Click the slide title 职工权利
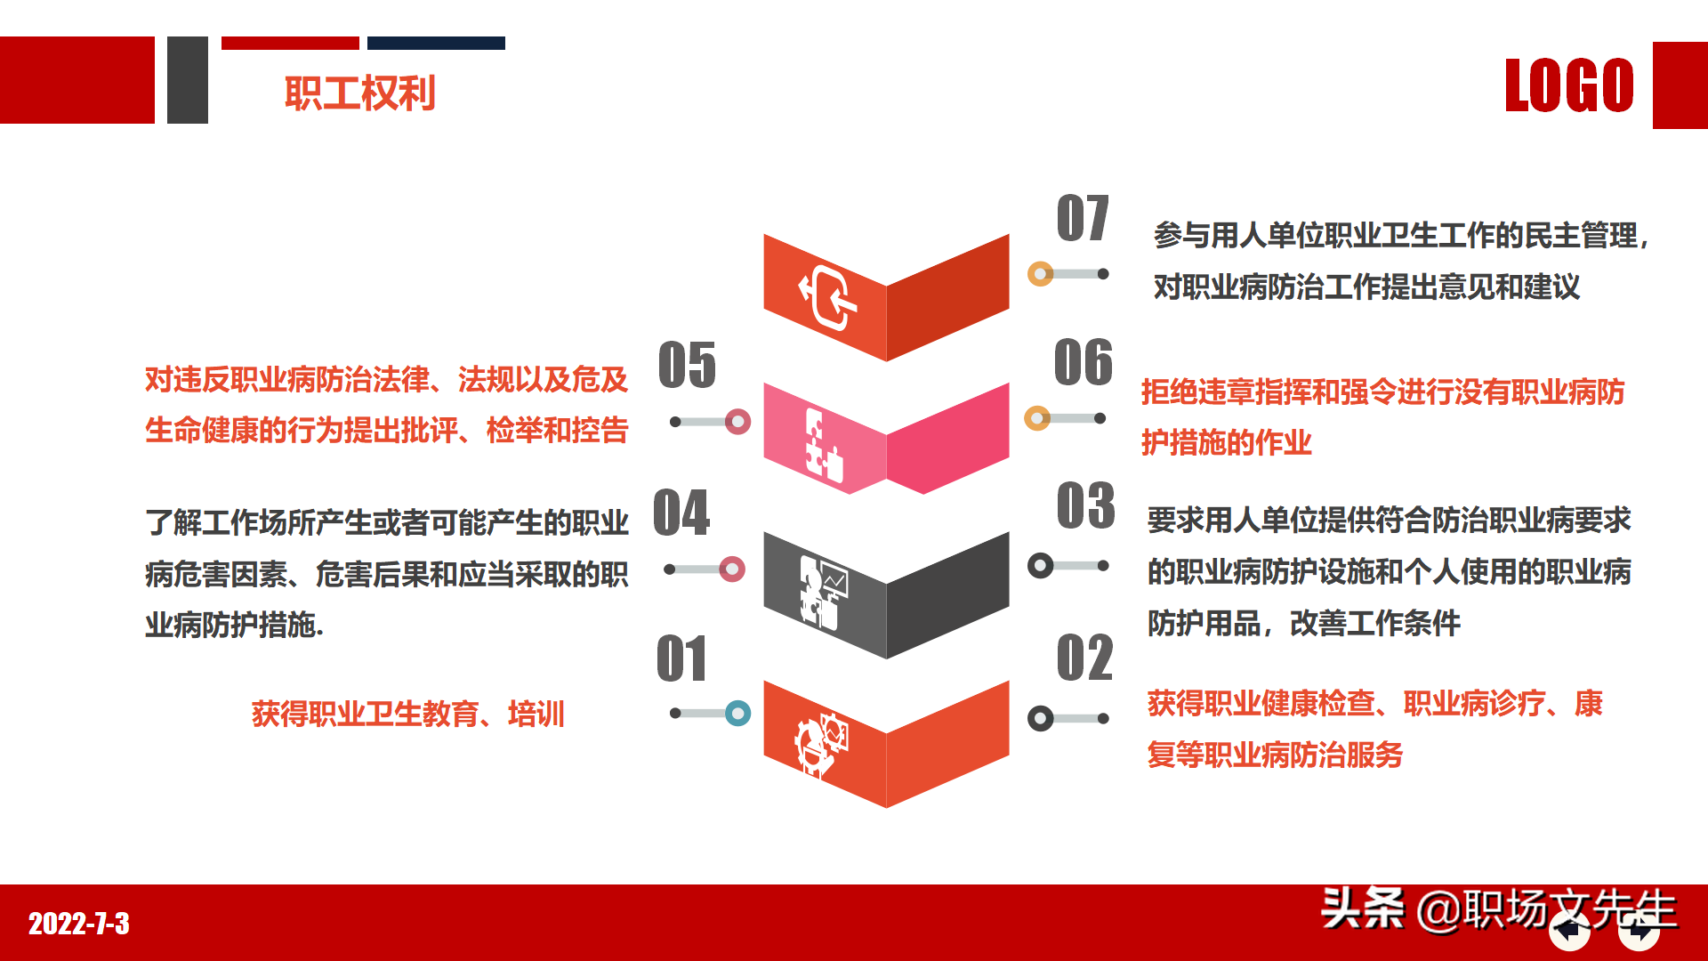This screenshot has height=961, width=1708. click(359, 93)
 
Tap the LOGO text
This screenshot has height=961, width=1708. click(1569, 86)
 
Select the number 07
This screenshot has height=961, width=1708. click(1083, 219)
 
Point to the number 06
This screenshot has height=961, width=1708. click(1083, 363)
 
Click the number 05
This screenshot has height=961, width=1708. click(687, 366)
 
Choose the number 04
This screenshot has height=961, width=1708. click(681, 513)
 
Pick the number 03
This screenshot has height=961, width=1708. click(1085, 506)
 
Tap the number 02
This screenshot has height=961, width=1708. click(1084, 658)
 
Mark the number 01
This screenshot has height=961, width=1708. click(681, 659)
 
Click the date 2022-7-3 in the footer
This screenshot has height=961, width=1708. click(79, 924)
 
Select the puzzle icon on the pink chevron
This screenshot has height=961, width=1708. click(823, 444)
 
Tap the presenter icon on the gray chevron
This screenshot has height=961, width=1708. click(823, 592)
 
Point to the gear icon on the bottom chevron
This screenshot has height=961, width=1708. click(821, 743)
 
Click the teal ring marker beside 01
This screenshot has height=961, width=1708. click(737, 713)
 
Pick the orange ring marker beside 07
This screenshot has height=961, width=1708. click(1040, 274)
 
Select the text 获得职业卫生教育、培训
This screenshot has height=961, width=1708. click(407, 714)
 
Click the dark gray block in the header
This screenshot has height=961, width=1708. click(188, 80)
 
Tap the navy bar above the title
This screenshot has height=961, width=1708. click(436, 43)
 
